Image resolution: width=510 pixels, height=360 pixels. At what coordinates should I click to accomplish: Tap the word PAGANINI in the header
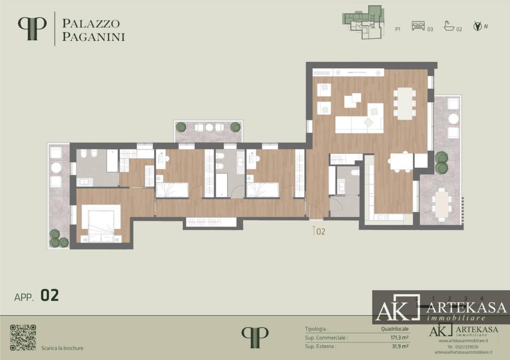(93, 36)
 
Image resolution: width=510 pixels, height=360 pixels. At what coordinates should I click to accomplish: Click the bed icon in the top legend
(418, 27)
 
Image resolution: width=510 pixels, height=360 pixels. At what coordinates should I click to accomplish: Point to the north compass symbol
(477, 26)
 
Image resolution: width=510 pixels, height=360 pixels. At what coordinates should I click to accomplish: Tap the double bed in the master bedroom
(103, 222)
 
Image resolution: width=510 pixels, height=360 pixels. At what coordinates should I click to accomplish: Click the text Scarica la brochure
(62, 348)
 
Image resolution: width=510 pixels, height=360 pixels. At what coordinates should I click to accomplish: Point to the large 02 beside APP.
(50, 295)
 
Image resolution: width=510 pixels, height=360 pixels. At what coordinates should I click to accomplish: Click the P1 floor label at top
(398, 29)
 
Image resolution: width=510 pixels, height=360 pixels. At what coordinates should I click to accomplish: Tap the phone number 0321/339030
(456, 347)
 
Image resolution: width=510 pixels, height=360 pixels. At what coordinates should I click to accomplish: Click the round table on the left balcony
(56, 167)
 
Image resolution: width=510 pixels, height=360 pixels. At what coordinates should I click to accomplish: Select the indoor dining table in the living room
(405, 104)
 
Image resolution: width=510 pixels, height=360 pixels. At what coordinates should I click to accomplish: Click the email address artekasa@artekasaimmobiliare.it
(456, 352)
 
